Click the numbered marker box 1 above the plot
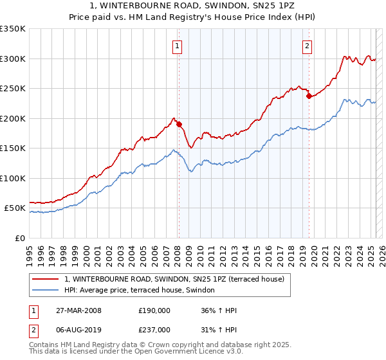[x=176, y=46]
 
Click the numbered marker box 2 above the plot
[x=308, y=46]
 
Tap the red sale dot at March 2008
[x=179, y=124]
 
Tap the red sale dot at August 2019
[x=309, y=96]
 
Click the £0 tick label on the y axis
[x=20, y=238]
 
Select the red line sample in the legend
[x=44, y=279]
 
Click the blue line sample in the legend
[x=44, y=291]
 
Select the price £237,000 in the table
[x=154, y=330]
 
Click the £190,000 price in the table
[x=154, y=310]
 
